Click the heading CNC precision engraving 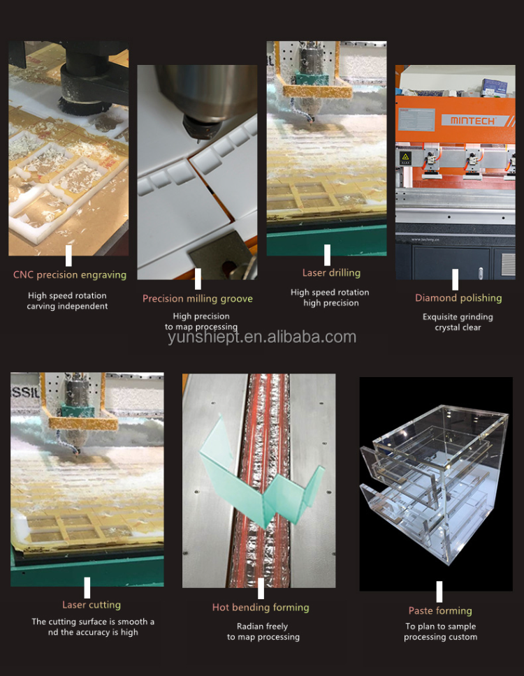(69, 274)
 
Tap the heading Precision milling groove (197, 299)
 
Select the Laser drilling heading (330, 273)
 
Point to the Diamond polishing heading (458, 298)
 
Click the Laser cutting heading (91, 605)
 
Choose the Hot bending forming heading (260, 608)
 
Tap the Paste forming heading (440, 611)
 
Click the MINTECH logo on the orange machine (472, 120)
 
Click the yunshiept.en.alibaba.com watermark (262, 338)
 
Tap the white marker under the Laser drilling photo (327, 255)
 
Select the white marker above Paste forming (439, 591)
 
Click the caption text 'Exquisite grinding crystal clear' (458, 322)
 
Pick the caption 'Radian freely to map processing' (263, 632)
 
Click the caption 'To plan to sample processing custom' (440, 632)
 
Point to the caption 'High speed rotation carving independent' (68, 301)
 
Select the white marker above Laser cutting (87, 587)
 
